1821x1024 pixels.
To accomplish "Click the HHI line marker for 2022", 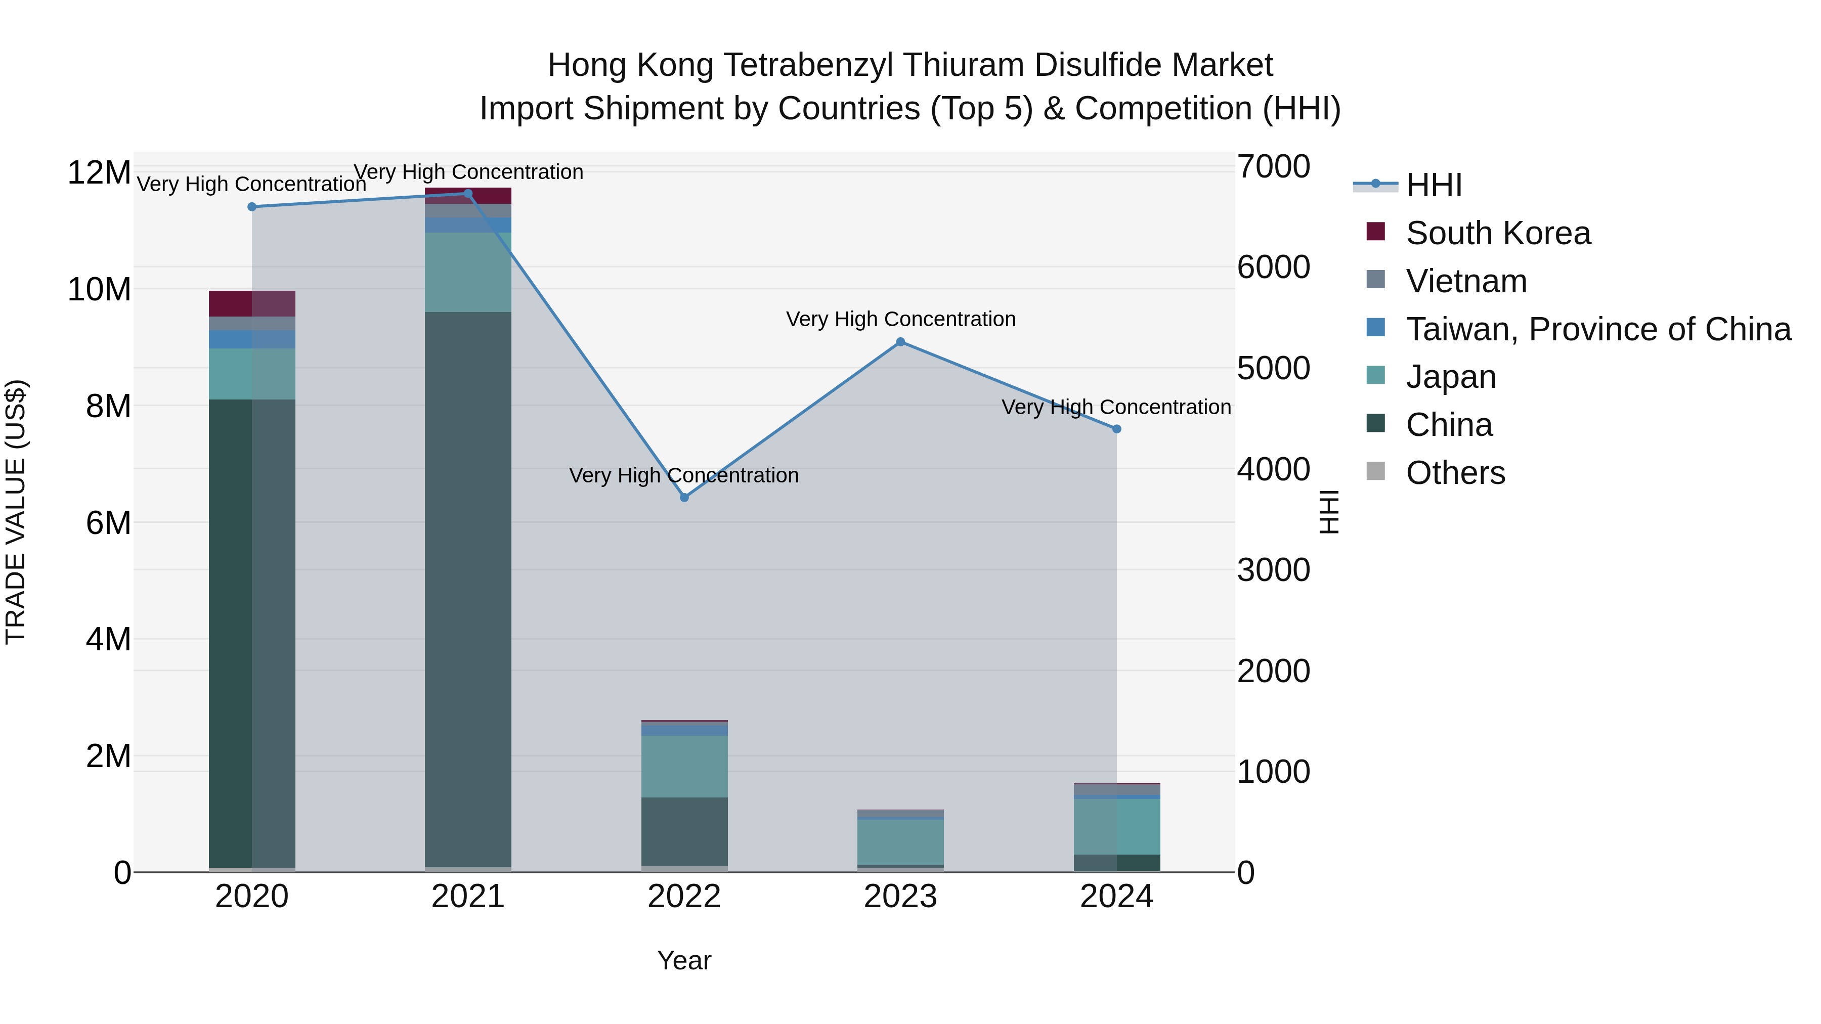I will (x=684, y=498).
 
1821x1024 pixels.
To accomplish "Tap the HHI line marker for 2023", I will (x=900, y=342).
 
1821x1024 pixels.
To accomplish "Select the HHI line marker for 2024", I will (x=1117, y=429).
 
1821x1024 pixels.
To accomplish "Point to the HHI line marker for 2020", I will (x=252, y=207).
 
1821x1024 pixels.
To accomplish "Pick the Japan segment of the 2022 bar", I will (x=684, y=767).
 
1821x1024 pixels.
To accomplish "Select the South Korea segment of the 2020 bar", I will (x=252, y=303).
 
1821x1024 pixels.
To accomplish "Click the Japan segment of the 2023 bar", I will (x=900, y=841).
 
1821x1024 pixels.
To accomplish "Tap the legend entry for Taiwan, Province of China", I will (x=1597, y=329).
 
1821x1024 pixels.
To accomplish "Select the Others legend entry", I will (x=1455, y=473).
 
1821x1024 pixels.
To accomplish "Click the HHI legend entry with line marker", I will (x=1433, y=185).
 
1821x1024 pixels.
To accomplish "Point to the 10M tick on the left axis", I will (x=99, y=290).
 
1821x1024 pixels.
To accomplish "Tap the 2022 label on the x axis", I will (x=684, y=897).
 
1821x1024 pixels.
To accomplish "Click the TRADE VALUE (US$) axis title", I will (x=16, y=512).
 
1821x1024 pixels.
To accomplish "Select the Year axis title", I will (x=684, y=960).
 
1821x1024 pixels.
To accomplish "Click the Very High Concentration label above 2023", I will (x=900, y=320).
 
